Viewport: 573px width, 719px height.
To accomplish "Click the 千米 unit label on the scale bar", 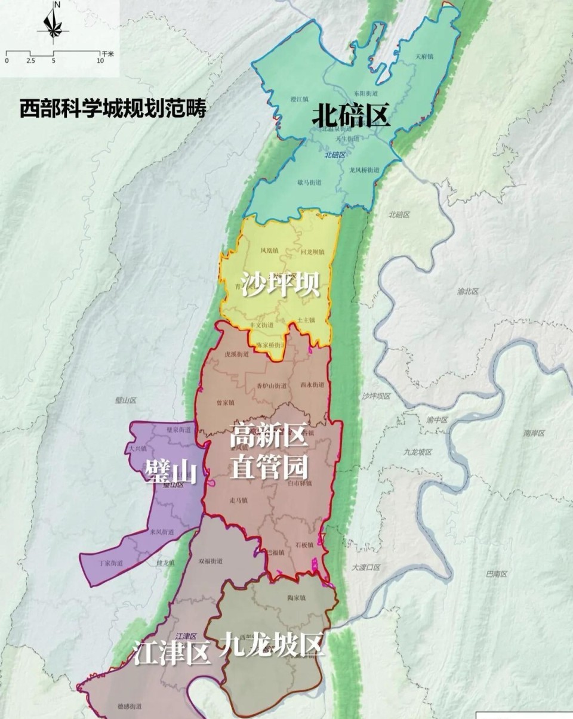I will pos(107,54).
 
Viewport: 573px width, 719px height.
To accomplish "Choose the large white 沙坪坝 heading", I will pos(281,285).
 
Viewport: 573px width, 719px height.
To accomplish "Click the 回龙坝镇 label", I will pos(312,252).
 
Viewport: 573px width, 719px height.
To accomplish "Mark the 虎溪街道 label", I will pos(236,354).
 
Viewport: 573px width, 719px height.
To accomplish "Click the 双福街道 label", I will pos(210,561).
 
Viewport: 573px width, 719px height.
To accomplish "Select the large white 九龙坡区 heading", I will pos(272,644).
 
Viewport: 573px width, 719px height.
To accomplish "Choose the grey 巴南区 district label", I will pos(496,574).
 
